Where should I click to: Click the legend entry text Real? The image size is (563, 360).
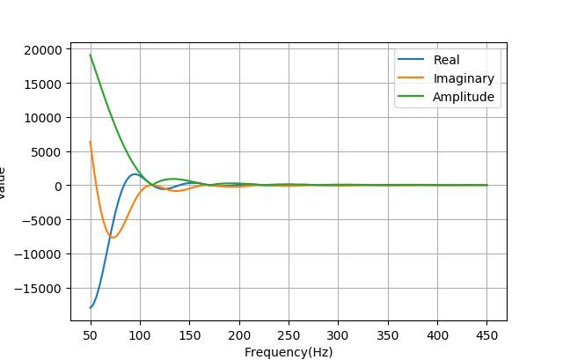pyautogui.click(x=446, y=61)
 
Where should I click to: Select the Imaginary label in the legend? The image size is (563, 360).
pyautogui.click(x=464, y=79)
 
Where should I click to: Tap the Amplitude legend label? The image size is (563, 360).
pyautogui.click(x=463, y=98)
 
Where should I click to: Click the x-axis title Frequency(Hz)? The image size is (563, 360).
pyautogui.click(x=289, y=352)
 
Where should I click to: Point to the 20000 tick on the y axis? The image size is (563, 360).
pyautogui.click(x=43, y=49)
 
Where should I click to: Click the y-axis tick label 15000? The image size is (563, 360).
pyautogui.click(x=43, y=84)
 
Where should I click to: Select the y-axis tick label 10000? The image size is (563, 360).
pyautogui.click(x=43, y=118)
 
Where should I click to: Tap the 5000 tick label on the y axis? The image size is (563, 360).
pyautogui.click(x=47, y=151)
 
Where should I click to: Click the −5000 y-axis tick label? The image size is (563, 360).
pyautogui.click(x=43, y=220)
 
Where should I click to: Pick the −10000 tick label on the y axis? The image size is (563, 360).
pyautogui.click(x=40, y=254)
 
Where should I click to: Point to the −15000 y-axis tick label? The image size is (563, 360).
pyautogui.click(x=40, y=289)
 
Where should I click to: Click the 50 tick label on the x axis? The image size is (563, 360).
pyautogui.click(x=90, y=335)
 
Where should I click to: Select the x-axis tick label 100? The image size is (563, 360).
pyautogui.click(x=140, y=335)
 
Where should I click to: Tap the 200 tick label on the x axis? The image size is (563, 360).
pyautogui.click(x=239, y=335)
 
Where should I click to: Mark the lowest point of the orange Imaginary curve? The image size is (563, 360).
pyautogui.click(x=113, y=238)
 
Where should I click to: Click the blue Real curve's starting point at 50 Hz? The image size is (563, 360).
pyautogui.click(x=90, y=307)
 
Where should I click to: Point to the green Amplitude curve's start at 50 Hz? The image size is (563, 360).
pyautogui.click(x=90, y=55)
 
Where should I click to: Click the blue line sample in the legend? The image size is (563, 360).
pyautogui.click(x=411, y=61)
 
